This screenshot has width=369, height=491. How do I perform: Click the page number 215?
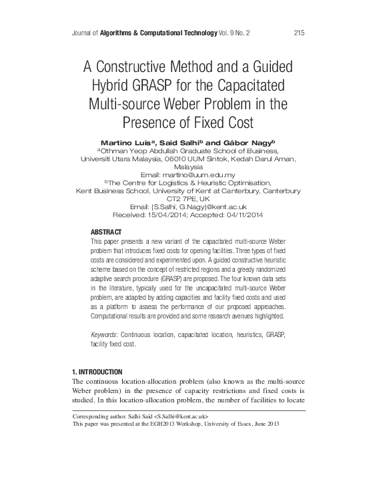tap(299, 31)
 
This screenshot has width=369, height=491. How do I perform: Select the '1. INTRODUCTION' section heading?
tap(97, 371)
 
